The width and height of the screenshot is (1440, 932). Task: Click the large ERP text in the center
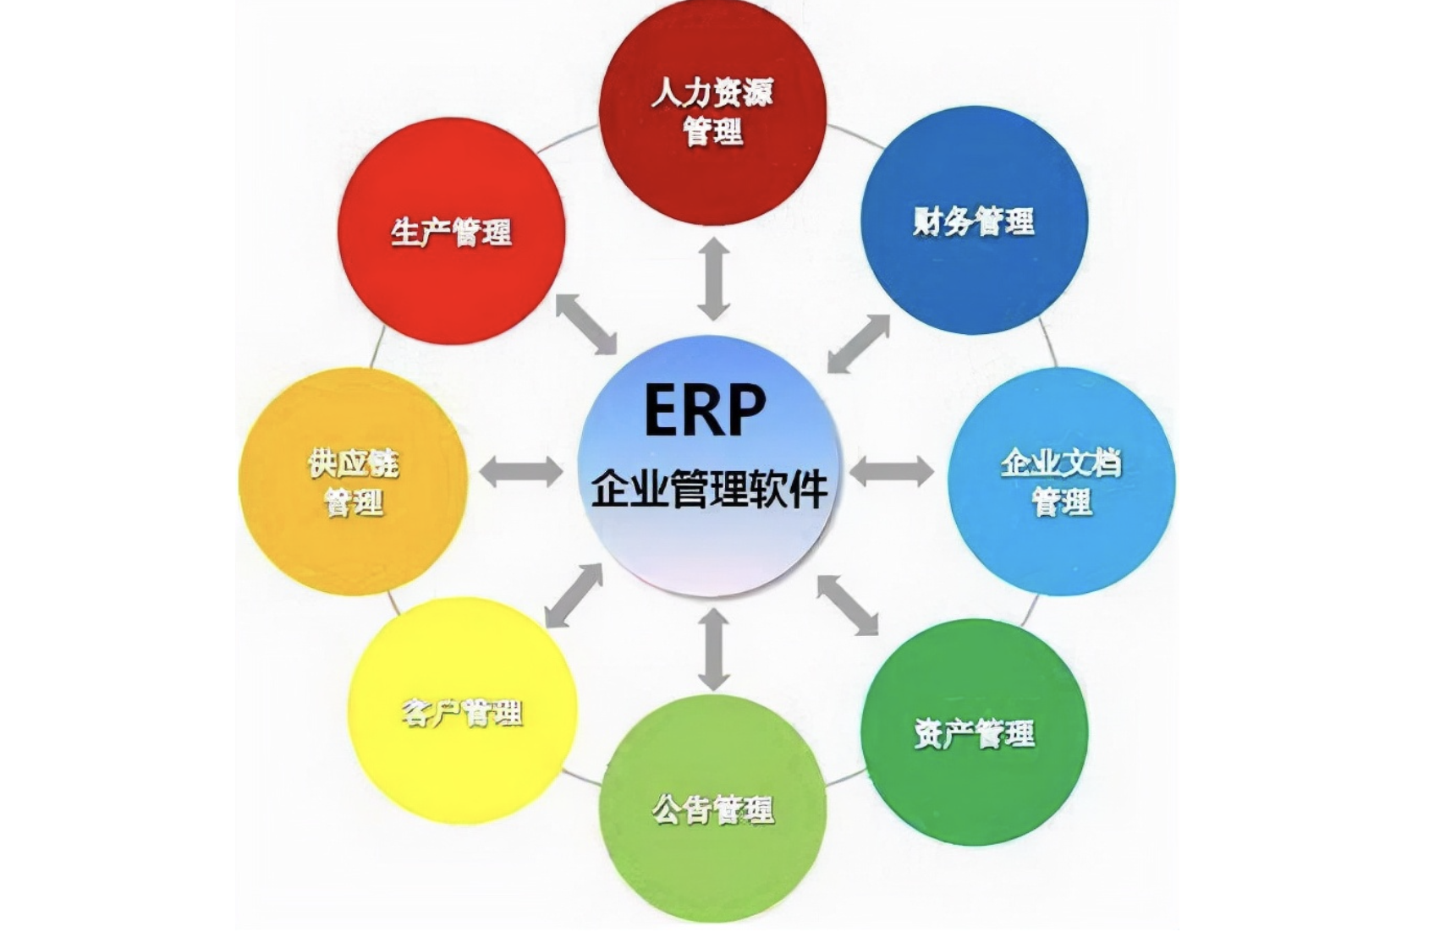(705, 410)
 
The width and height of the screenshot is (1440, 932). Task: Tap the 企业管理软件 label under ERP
(709, 490)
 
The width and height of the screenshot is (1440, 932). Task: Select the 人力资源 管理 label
(712, 112)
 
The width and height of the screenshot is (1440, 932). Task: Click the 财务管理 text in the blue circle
(974, 222)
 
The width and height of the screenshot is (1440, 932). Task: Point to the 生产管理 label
(451, 232)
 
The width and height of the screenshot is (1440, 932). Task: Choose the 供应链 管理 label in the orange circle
(354, 483)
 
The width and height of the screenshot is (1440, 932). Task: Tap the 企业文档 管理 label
(1061, 482)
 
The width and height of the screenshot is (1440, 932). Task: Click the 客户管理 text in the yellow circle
(462, 712)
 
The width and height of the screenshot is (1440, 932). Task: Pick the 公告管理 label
(712, 809)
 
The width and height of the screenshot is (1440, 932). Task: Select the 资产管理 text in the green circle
(974, 732)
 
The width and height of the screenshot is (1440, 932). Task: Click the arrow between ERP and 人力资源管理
(714, 279)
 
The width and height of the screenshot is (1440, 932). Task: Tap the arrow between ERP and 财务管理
(859, 343)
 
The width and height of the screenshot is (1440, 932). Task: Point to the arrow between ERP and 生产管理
(586, 324)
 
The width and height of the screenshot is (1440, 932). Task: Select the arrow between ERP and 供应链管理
(521, 471)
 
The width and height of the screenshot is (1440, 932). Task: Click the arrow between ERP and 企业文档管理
(892, 471)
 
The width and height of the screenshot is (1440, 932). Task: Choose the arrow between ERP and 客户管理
(574, 595)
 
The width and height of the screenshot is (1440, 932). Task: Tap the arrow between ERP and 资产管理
(848, 604)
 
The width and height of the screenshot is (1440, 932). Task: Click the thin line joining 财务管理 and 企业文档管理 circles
(1048, 343)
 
